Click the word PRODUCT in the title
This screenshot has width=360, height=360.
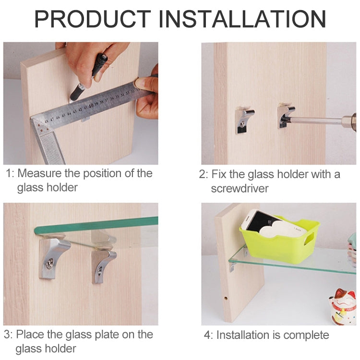coord(93,19)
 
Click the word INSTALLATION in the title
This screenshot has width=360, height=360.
coord(242,19)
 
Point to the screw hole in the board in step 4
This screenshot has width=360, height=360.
coord(226,298)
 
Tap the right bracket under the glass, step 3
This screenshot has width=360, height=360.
coord(104,264)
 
